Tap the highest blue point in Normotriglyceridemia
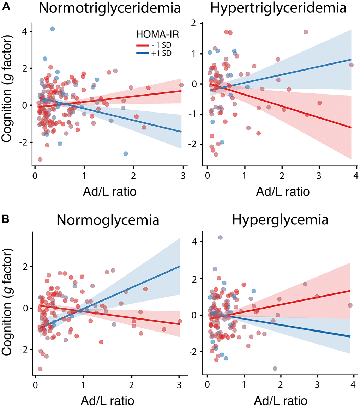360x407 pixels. (x=52, y=29)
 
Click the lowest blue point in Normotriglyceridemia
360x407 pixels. (x=125, y=153)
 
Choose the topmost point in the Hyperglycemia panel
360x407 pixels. (x=220, y=238)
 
